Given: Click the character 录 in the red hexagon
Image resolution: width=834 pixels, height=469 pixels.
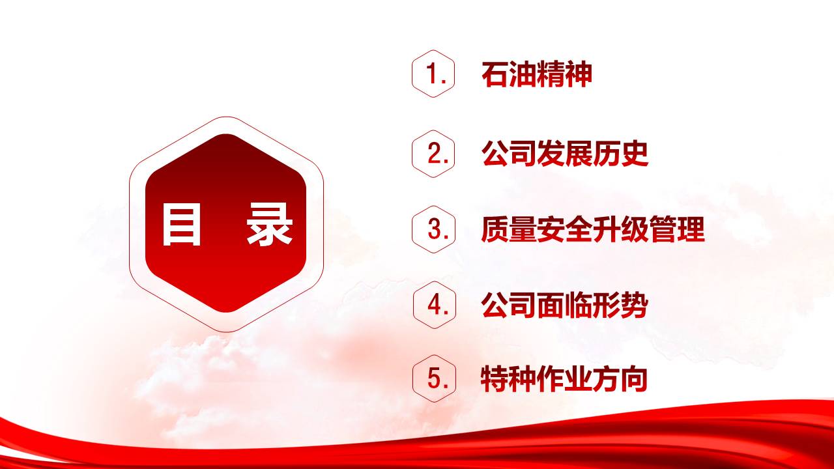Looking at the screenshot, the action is coord(269,224).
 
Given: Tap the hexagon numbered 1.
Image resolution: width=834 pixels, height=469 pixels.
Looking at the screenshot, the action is coord(433,74).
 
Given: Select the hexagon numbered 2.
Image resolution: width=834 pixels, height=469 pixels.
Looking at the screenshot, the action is coord(433,154).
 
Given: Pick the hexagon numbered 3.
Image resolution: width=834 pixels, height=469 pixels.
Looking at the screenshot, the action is coord(434,229).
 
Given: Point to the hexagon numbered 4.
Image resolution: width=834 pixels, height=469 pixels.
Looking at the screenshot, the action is coord(435,305).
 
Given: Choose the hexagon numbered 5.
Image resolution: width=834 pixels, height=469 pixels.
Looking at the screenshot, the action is coord(435,378).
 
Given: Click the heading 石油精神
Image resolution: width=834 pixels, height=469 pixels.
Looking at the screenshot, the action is coord(537,74).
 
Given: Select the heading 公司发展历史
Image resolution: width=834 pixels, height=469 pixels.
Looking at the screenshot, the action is coord(565,154).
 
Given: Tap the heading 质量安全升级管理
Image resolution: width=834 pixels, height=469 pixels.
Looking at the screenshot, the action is coord(593,229).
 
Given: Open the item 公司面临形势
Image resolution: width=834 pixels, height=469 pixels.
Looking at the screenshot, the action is coord(565,306).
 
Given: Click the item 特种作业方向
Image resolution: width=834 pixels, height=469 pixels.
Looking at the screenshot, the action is coord(564,379).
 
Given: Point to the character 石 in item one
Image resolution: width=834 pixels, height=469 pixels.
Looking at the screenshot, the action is coord(495,74).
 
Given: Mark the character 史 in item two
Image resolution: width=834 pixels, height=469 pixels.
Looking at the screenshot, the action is coord(635,154).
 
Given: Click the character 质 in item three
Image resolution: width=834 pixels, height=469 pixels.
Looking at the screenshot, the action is coord(495,229).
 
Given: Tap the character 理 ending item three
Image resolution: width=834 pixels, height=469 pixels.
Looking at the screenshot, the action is coord(691,229).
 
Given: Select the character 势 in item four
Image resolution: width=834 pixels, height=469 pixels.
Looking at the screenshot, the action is coord(635,306).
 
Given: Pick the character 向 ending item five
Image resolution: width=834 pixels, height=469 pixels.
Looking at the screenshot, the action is coord(635,379).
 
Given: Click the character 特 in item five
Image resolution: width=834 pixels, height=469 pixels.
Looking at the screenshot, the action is coord(495,379).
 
